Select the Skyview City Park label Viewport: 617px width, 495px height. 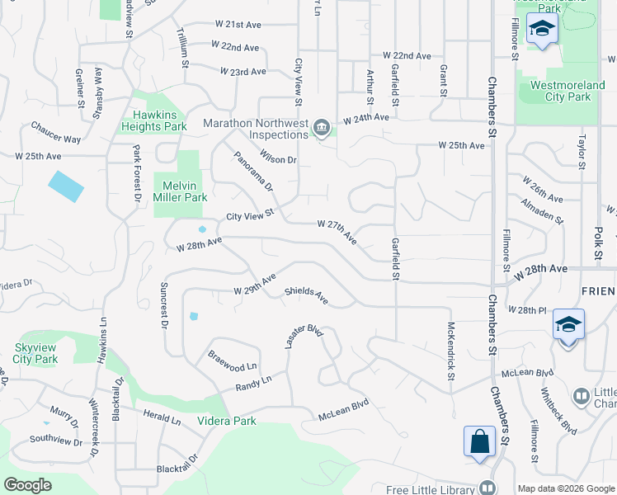[35, 353]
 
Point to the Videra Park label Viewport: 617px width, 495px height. [226, 421]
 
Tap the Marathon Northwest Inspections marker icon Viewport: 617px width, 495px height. [322, 126]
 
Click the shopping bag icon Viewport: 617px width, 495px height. [479, 441]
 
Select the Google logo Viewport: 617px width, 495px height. [28, 484]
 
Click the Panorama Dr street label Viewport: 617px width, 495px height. [252, 171]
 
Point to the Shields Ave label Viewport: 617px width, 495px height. [306, 295]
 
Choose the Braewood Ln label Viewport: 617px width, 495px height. [233, 359]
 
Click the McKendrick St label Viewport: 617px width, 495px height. [451, 351]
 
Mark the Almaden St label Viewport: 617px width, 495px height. [541, 211]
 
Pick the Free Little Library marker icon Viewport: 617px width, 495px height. [487, 487]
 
